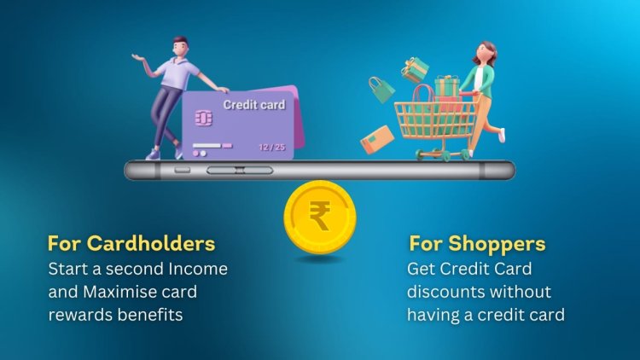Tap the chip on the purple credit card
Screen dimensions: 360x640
(204, 118)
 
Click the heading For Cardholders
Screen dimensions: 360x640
(131, 244)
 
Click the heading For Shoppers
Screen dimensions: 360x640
(477, 244)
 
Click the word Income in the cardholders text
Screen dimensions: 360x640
(202, 269)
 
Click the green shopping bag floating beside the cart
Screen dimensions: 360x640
(381, 89)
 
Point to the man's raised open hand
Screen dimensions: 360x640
(137, 57)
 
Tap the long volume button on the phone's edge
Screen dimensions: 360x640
(241, 171)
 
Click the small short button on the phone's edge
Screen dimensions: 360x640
(182, 170)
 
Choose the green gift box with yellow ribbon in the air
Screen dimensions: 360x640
(416, 68)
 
